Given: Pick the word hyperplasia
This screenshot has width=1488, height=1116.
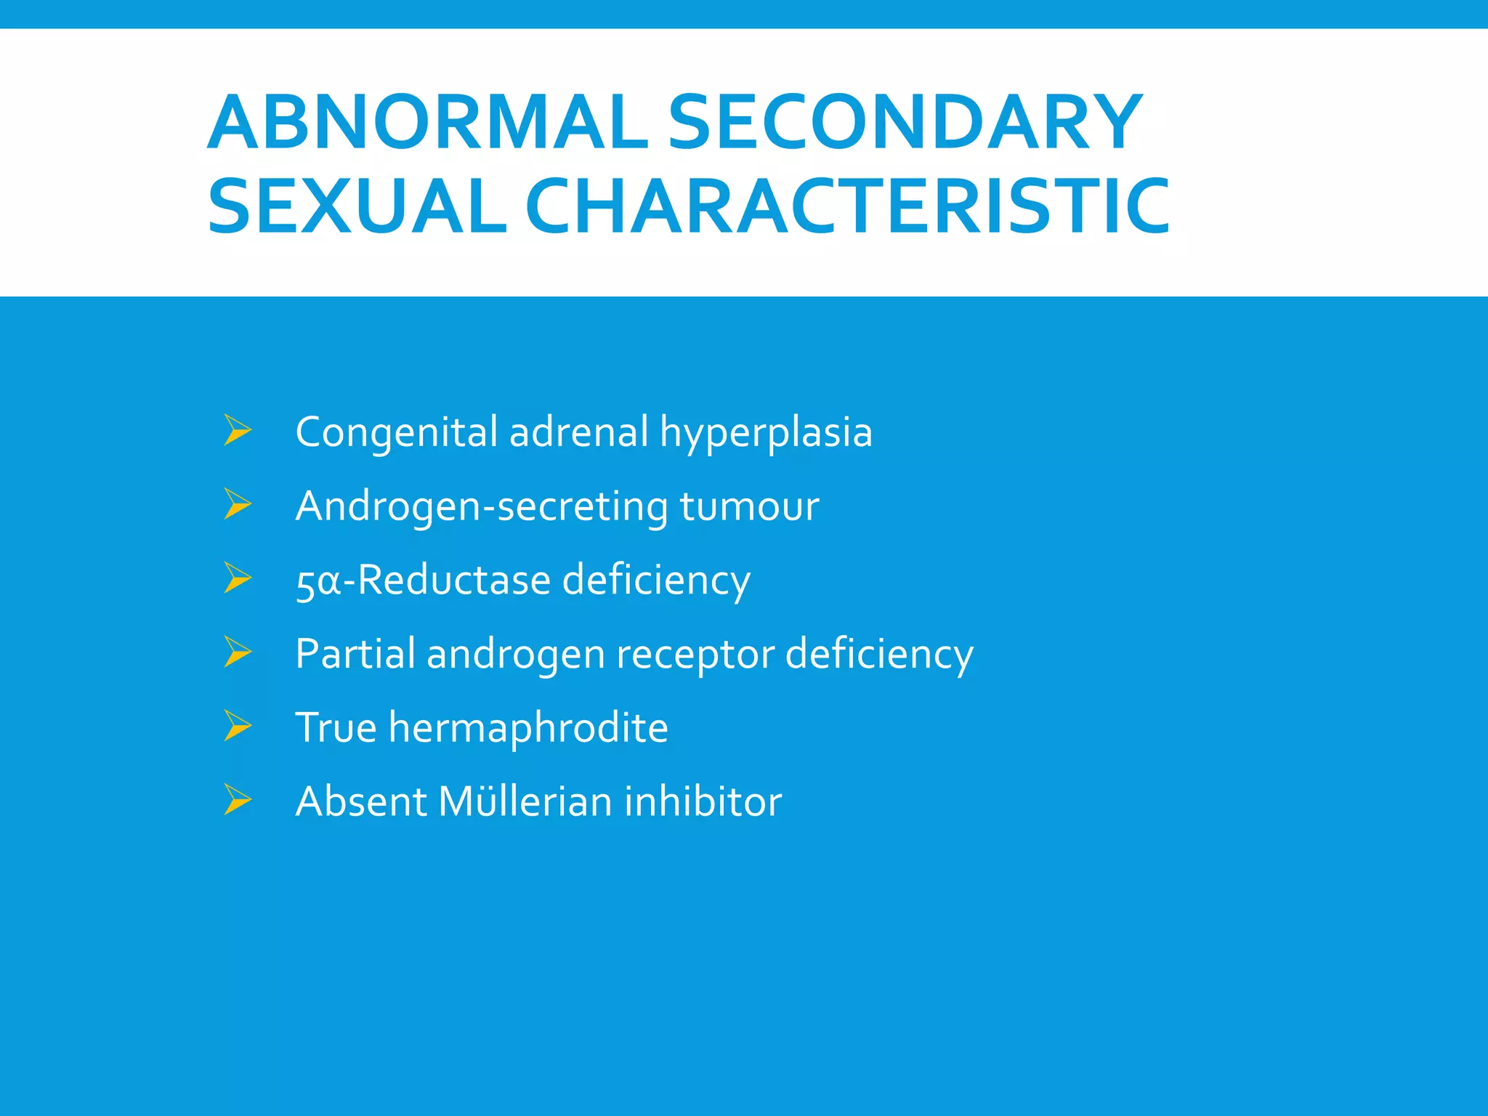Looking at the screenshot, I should click(766, 433).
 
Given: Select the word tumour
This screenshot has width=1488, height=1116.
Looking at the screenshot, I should click(749, 506).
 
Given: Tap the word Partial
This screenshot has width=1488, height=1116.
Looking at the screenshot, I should click(355, 653).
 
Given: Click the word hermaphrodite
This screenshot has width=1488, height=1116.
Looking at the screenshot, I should click(528, 727).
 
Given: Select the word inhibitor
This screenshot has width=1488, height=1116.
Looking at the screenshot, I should click(703, 801).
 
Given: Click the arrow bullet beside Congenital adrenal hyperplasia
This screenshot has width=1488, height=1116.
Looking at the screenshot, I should click(238, 430).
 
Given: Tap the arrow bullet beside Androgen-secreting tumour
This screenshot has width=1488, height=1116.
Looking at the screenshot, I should click(238, 504).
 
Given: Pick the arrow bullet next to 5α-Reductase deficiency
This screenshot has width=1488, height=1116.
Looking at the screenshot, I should click(238, 578).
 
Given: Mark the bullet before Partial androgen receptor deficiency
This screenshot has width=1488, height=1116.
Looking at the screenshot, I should click(238, 652).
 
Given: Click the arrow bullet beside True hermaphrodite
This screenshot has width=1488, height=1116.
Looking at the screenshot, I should click(238, 726).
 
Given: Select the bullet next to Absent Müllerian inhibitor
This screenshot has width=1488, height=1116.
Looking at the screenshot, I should click(238, 800).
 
